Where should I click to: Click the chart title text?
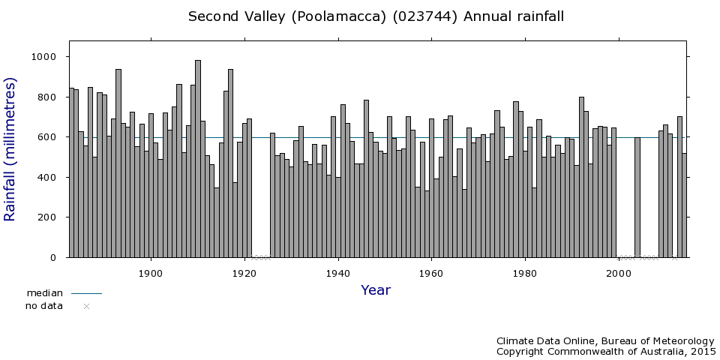[376, 16]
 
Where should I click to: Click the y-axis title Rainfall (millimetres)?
[10, 149]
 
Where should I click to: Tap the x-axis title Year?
[375, 290]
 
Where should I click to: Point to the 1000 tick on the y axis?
[48, 57]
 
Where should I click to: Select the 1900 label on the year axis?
[151, 273]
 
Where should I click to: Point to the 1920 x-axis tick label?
[244, 273]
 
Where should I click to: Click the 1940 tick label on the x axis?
[338, 273]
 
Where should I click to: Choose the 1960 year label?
[431, 273]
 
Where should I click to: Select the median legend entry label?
[44, 293]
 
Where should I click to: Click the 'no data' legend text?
[44, 306]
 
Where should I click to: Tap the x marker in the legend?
[86, 306]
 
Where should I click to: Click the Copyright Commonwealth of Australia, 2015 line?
[606, 352]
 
